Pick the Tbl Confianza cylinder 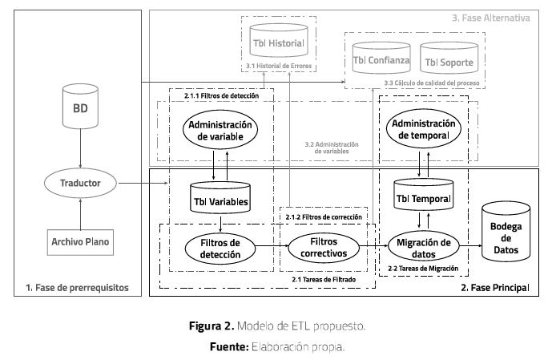click(381, 61)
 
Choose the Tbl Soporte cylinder click(449, 61)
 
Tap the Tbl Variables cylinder click(219, 199)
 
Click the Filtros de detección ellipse click(219, 247)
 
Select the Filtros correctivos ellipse click(320, 245)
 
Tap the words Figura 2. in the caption click(210, 327)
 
